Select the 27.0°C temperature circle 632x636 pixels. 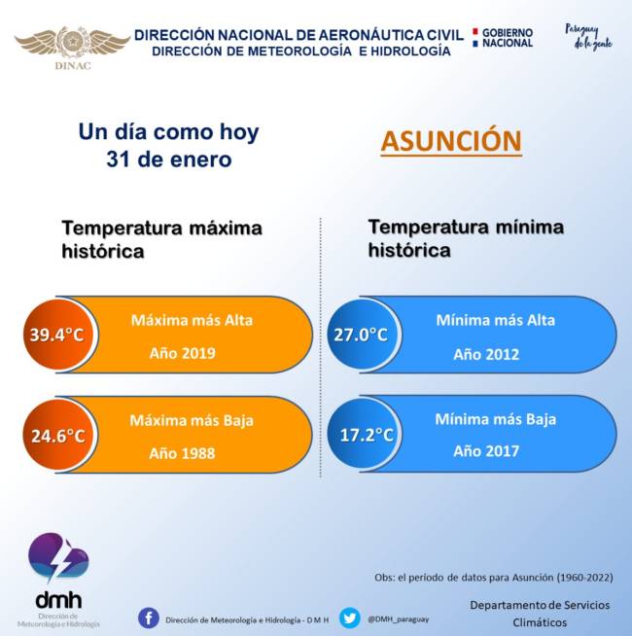361,336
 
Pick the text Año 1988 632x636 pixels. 183,453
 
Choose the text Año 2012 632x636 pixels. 486,354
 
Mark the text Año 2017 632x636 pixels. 486,451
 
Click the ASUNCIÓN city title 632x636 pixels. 451,141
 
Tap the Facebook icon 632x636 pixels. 149,618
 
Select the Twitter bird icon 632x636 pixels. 350,618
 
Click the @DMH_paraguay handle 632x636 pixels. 399,618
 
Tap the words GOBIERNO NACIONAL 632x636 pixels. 507,38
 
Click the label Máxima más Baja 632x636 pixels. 192,421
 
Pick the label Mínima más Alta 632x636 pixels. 495,320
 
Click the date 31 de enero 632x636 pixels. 168,159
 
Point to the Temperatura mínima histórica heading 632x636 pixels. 465,238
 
